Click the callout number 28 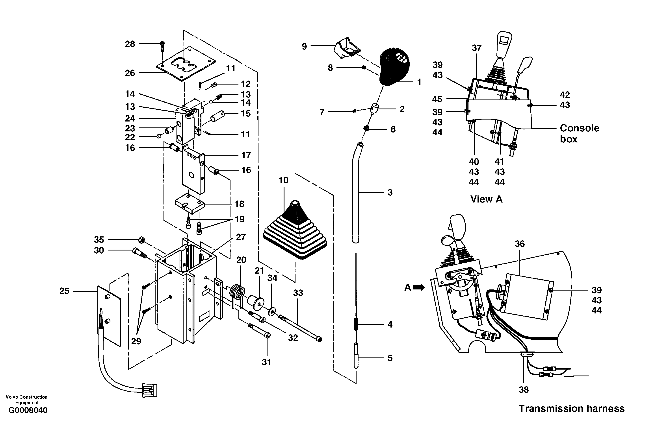pyautogui.click(x=130, y=44)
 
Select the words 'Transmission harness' pyautogui.click(x=572, y=408)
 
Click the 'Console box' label pyautogui.click(x=579, y=134)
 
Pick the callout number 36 pyautogui.click(x=520, y=244)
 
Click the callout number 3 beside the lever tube pyautogui.click(x=390, y=192)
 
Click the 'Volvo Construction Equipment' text pyautogui.click(x=26, y=400)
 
